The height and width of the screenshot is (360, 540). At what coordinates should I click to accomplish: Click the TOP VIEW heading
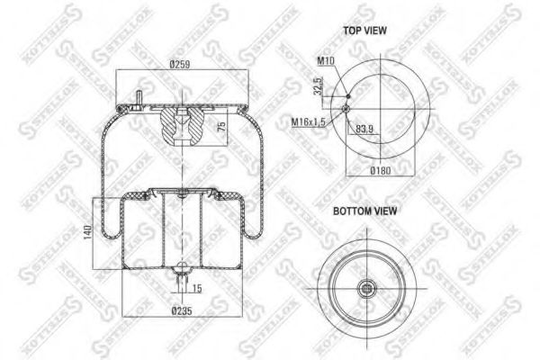pyautogui.click(x=364, y=30)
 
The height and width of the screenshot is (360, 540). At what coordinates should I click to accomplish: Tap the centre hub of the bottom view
pyautogui.click(x=367, y=289)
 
